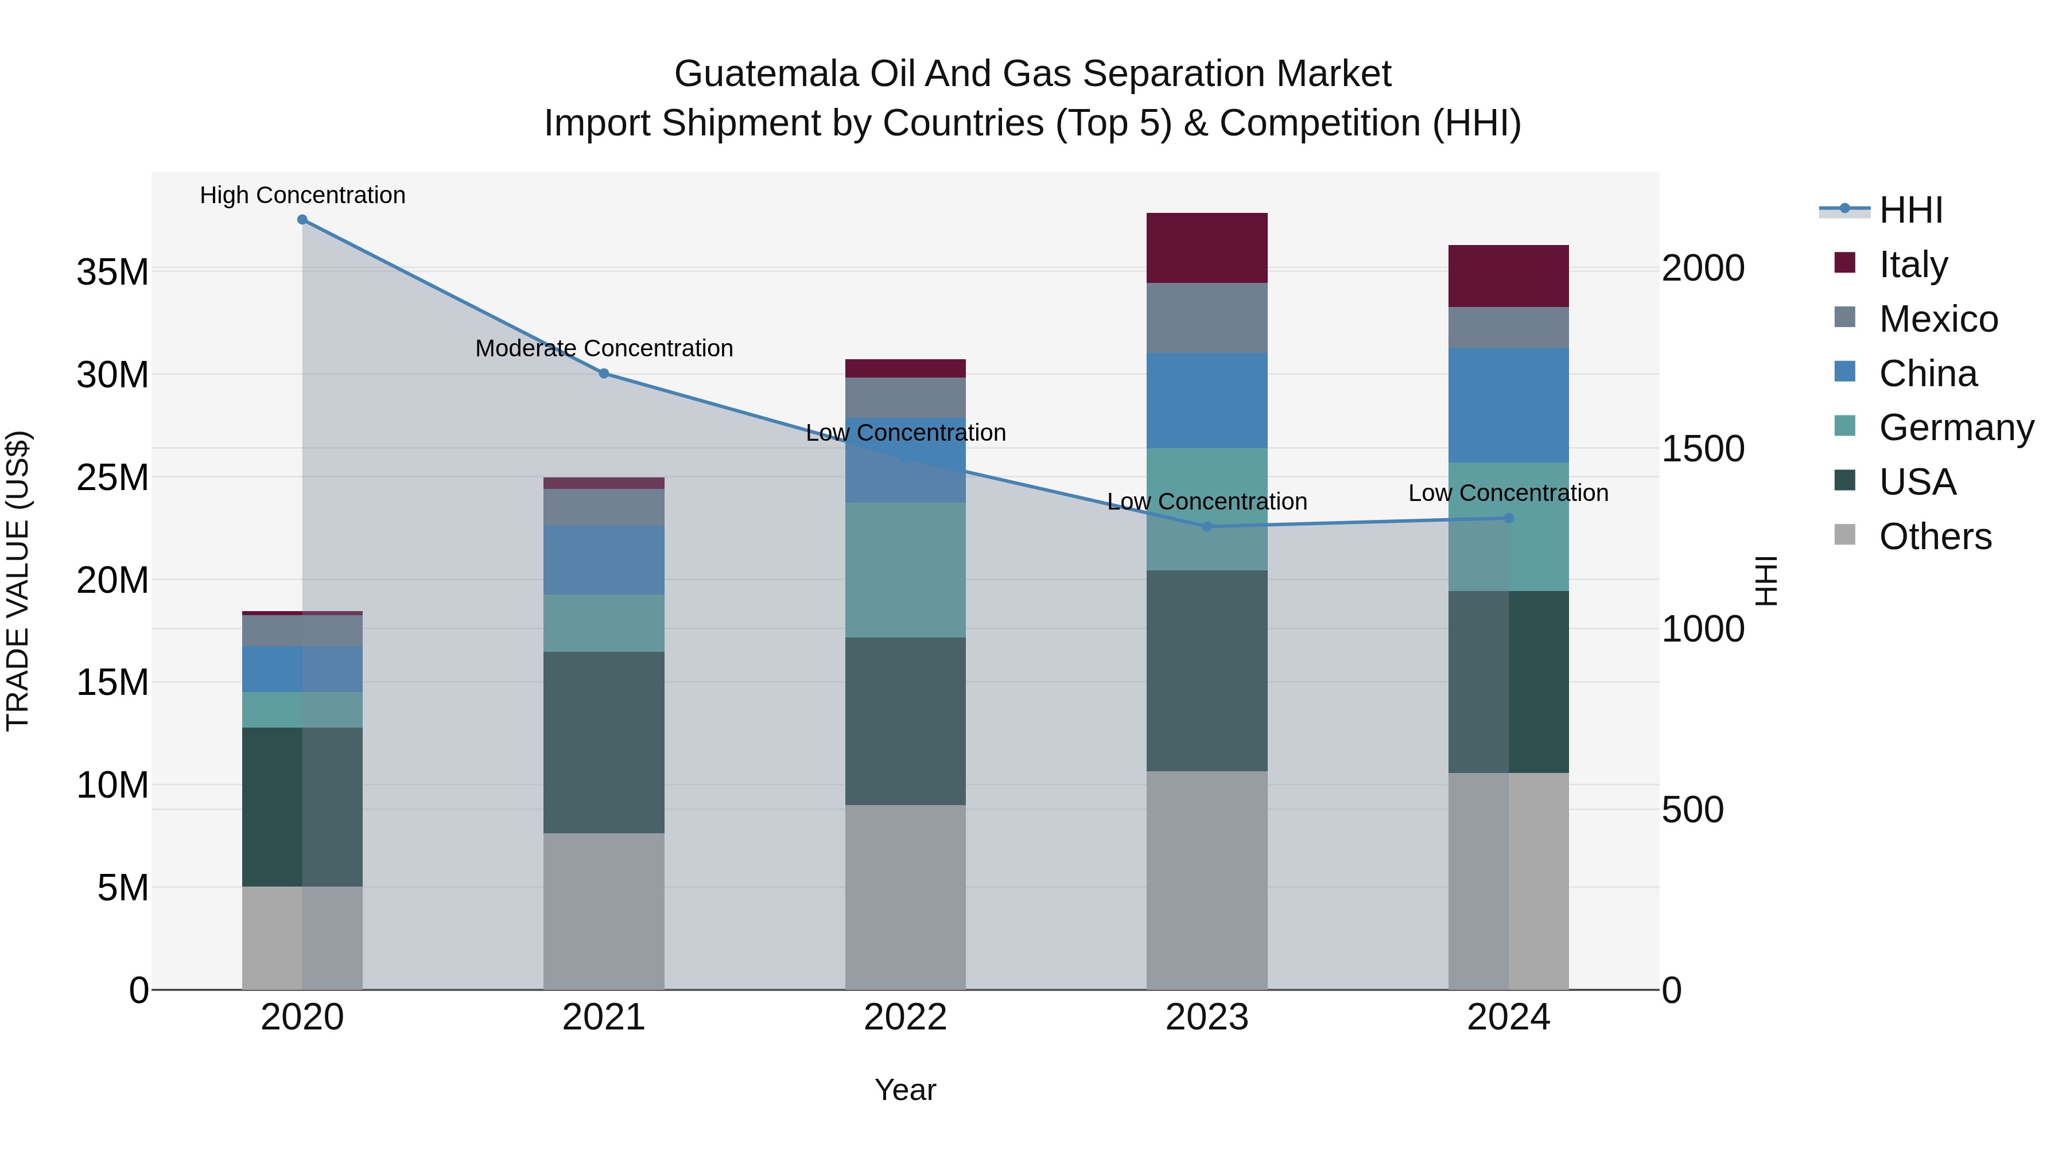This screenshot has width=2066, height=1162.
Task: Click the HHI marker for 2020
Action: pos(302,220)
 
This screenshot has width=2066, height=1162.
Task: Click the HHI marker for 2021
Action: pos(604,374)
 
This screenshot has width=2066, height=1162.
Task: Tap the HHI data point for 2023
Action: pos(1207,527)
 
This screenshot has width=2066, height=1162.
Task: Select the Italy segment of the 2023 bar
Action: pos(1207,248)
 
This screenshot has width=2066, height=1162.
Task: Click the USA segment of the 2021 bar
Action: pos(604,742)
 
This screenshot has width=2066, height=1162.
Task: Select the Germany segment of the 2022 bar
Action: pos(906,570)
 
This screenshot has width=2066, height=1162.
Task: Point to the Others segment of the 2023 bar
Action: pos(1207,880)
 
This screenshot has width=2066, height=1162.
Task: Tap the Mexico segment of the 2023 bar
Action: pos(1207,317)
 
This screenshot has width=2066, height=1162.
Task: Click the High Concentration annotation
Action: pos(302,195)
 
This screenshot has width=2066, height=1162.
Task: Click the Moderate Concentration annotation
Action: pos(604,348)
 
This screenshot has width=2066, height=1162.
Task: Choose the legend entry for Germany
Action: pos(1955,428)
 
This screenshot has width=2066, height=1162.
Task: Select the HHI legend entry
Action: pos(1910,210)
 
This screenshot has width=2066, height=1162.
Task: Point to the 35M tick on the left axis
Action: pos(112,272)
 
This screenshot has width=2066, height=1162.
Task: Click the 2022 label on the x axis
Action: pos(906,1017)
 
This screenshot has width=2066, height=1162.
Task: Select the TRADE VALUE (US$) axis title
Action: pos(18,581)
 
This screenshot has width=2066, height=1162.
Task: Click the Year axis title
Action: pos(906,1090)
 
